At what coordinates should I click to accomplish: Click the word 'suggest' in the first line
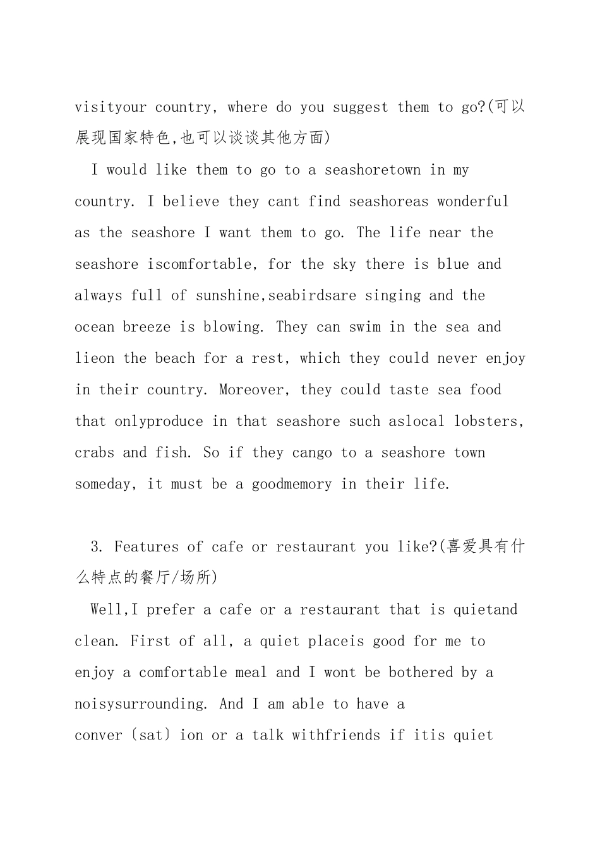360,107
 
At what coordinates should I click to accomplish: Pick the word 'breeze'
147,327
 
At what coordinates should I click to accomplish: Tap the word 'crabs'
94,453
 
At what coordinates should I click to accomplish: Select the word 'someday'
103,485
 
